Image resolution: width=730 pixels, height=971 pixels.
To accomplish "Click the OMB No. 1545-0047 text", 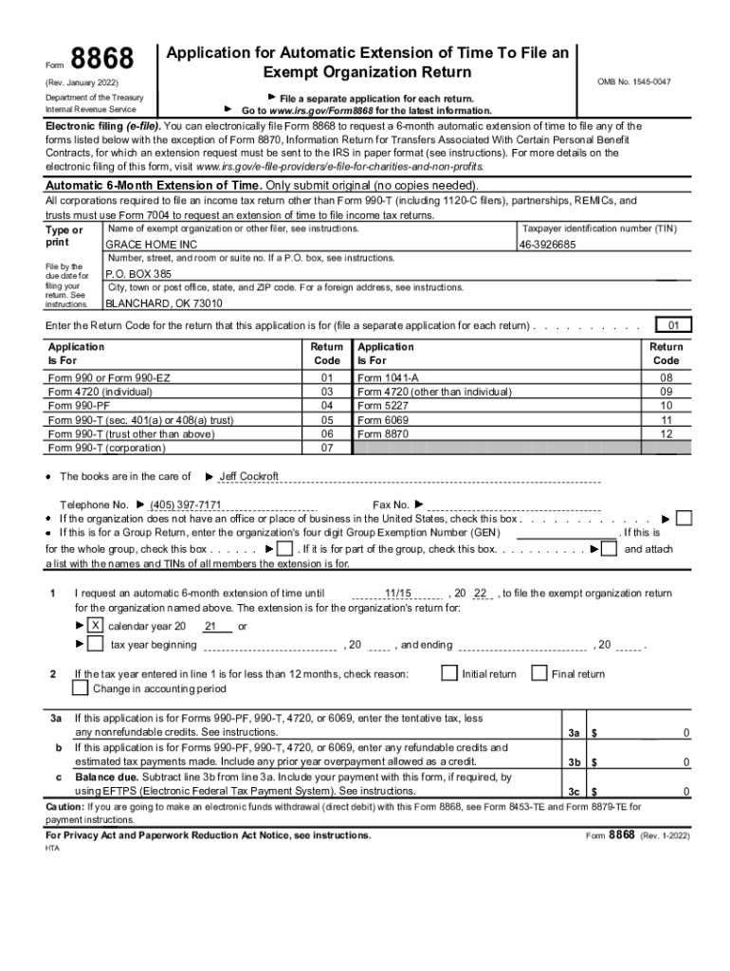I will tap(633, 82).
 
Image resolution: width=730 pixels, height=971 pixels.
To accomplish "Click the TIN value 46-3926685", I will tap(547, 245).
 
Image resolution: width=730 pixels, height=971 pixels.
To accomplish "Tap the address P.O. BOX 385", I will tap(138, 273).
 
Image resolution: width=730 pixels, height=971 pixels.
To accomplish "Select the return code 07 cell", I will tap(327, 448).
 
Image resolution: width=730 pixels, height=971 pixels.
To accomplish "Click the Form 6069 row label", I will tap(383, 419).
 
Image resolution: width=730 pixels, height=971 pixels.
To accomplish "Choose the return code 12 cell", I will tap(666, 433).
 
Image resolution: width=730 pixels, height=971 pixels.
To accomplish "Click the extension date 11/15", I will tap(398, 594).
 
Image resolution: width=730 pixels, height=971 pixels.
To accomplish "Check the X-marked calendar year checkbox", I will tap(96, 626).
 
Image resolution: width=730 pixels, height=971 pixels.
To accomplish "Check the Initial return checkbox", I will tap(449, 673).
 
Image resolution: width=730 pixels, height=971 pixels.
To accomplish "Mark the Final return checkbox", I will tap(539, 673).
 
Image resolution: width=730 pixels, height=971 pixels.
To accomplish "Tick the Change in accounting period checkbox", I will tap(81, 688).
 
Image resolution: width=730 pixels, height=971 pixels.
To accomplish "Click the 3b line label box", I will tap(574, 761).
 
